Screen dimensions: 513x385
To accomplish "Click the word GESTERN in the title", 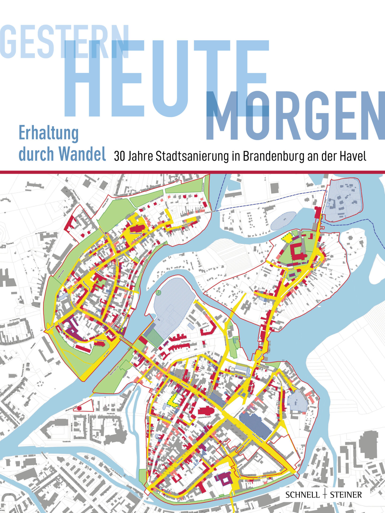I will [64, 41].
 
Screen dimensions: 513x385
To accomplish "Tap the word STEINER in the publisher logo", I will [346, 487].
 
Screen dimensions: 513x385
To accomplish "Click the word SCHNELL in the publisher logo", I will [302, 487].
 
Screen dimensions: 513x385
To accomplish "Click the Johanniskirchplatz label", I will [101, 341].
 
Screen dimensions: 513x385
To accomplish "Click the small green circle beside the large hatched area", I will [158, 293].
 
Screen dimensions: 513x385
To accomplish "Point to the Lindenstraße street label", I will [192, 356].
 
